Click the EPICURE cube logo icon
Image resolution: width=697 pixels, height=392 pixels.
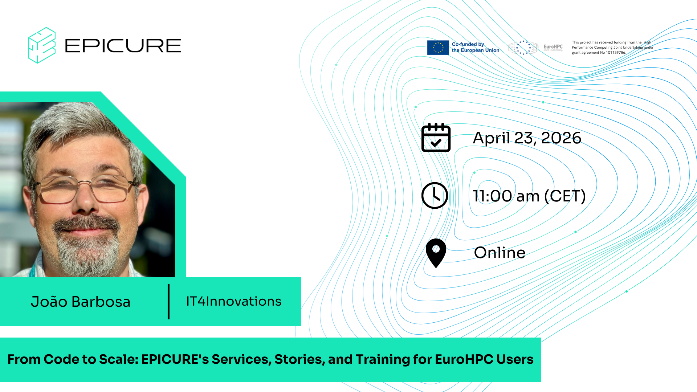tap(42, 45)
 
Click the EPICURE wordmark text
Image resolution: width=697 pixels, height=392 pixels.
tap(123, 46)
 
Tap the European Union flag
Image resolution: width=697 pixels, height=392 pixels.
tap(438, 48)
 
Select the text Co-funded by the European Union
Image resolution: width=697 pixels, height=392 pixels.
tap(476, 47)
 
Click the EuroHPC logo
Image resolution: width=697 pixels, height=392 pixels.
tap(536, 48)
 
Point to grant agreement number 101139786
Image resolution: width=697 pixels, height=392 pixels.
tap(616, 53)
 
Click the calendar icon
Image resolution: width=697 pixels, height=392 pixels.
tap(436, 138)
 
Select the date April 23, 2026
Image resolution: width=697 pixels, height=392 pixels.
tap(527, 138)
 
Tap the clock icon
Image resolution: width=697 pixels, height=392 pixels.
tap(435, 196)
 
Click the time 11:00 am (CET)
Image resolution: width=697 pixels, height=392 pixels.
tap(529, 196)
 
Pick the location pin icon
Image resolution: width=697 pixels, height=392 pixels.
tap(436, 253)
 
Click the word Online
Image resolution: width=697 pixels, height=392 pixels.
tap(500, 253)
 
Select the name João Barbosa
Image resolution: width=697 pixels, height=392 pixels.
tap(81, 302)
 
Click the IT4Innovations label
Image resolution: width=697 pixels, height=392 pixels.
tap(234, 301)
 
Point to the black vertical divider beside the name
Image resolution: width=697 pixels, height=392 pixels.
tap(168, 302)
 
